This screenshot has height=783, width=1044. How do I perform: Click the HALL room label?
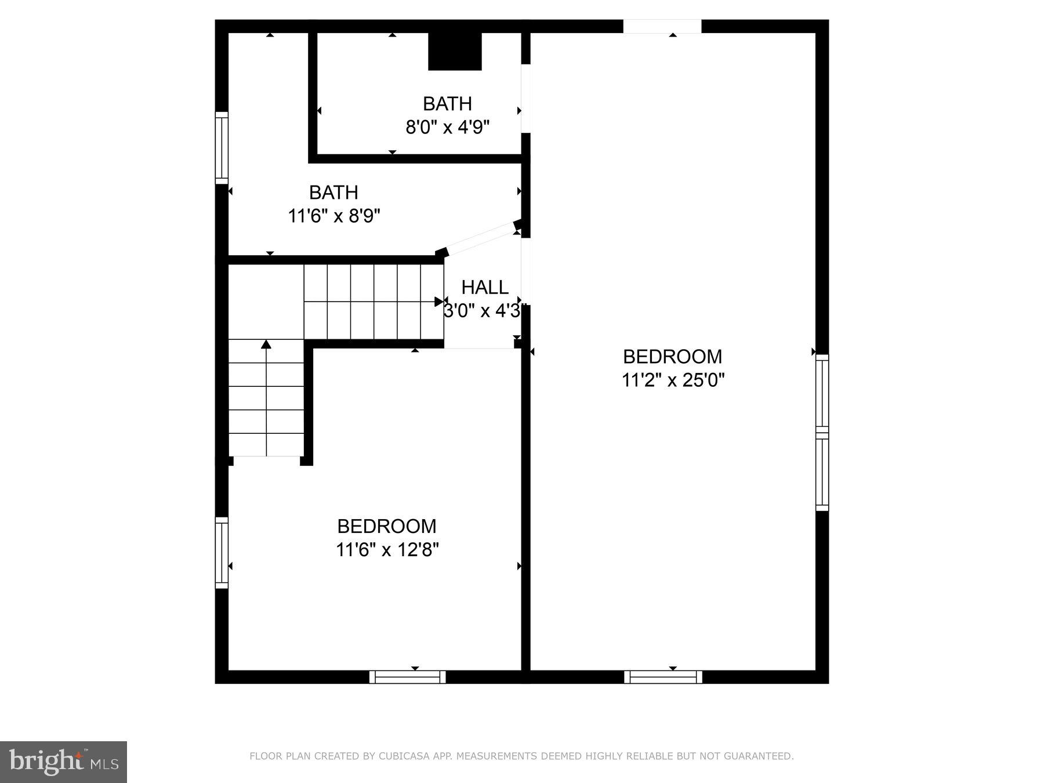point(485,287)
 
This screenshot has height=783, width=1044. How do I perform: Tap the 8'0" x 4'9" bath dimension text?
point(447,127)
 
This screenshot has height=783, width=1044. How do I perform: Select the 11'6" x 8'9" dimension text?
point(334,216)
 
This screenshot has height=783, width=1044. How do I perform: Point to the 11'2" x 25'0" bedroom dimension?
point(673,380)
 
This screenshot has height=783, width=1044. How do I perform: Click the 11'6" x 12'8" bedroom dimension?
point(387,549)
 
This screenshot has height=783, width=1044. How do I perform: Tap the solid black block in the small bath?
point(455,52)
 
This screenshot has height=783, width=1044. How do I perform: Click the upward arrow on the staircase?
point(266,345)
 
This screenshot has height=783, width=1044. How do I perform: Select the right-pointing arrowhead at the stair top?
point(439,302)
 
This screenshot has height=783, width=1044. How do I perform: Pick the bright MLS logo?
point(63,762)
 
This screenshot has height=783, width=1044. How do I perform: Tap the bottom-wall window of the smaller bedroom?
point(408,677)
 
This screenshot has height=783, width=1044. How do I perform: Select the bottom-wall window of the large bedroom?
point(663,677)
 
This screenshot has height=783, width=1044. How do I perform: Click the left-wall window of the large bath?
point(222,148)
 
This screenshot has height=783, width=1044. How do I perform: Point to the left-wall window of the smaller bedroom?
point(222,553)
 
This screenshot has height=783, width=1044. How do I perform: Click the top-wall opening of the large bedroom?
point(662,27)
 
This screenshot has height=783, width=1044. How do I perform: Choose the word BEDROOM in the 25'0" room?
point(672,356)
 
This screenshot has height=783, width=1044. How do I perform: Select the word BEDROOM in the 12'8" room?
point(387,526)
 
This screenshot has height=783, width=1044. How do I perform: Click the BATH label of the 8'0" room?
point(447,104)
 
